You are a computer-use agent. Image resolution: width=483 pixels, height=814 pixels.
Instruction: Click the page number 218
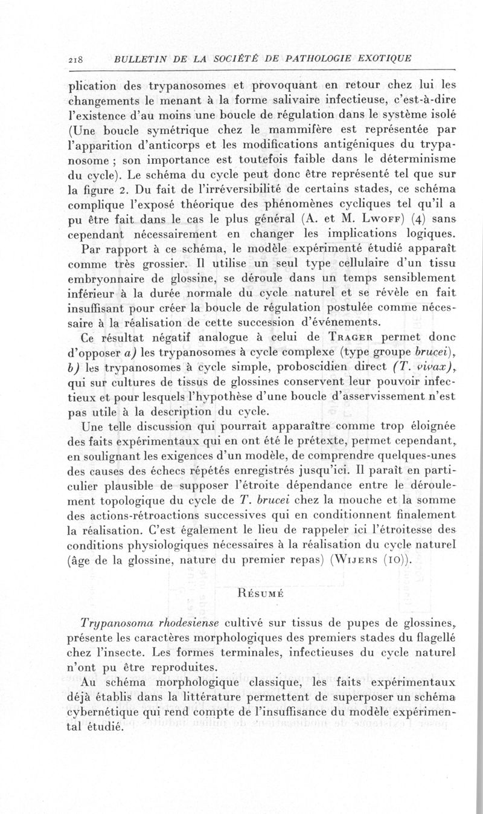(x=77, y=59)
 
